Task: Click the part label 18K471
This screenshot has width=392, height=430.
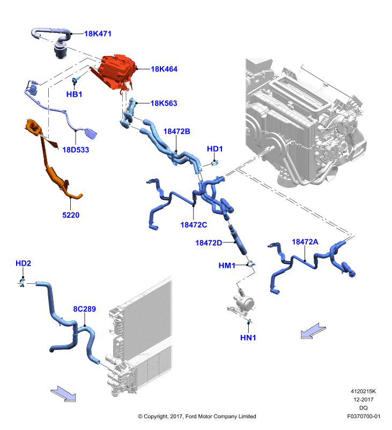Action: pyautogui.click(x=98, y=34)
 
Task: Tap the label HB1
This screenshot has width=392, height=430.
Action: pyautogui.click(x=74, y=95)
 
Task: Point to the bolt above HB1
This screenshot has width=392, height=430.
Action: pyautogui.click(x=75, y=80)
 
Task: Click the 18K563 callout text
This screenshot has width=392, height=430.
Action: pyautogui.click(x=164, y=103)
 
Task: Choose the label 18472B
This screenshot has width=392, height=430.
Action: pyautogui.click(x=177, y=131)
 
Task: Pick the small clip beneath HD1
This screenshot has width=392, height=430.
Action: pyautogui.click(x=215, y=163)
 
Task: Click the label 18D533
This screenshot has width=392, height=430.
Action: pyautogui.click(x=76, y=150)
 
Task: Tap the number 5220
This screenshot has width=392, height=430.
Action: pyautogui.click(x=71, y=215)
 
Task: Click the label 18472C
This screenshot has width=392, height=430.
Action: pyautogui.click(x=194, y=225)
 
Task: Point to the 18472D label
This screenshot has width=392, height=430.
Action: pyautogui.click(x=209, y=243)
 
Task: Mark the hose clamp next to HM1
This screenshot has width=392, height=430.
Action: pyautogui.click(x=250, y=264)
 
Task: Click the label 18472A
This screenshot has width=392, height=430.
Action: pyautogui.click(x=305, y=242)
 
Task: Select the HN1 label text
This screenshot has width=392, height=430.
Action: pyautogui.click(x=248, y=338)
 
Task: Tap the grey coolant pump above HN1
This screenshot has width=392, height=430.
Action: pyautogui.click(x=242, y=304)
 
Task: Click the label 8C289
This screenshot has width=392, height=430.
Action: pyautogui.click(x=85, y=309)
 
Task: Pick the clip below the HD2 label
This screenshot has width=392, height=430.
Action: pyautogui.click(x=22, y=283)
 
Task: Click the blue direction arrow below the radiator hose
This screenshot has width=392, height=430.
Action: pyautogui.click(x=63, y=394)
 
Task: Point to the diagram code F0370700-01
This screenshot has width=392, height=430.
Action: pyautogui.click(x=364, y=416)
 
